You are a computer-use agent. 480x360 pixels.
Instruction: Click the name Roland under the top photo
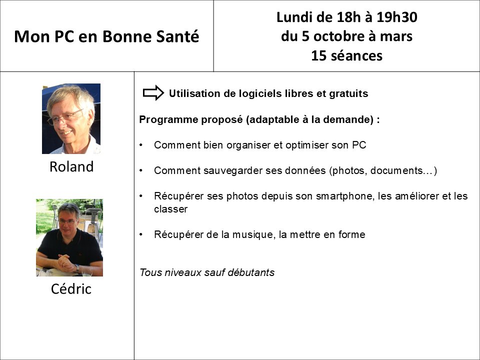[x=71, y=166]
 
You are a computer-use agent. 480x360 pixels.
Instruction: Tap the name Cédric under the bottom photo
[x=71, y=288]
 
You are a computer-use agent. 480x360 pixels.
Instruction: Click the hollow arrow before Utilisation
[x=153, y=92]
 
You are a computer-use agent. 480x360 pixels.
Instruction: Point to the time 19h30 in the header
[x=396, y=17]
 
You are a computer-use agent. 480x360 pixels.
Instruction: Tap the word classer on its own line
[x=171, y=209]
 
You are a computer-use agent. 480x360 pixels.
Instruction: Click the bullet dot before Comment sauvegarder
[x=141, y=170]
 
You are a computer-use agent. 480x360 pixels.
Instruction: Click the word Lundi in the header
[x=295, y=17]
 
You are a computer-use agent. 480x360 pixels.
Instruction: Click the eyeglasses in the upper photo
[x=65, y=117]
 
